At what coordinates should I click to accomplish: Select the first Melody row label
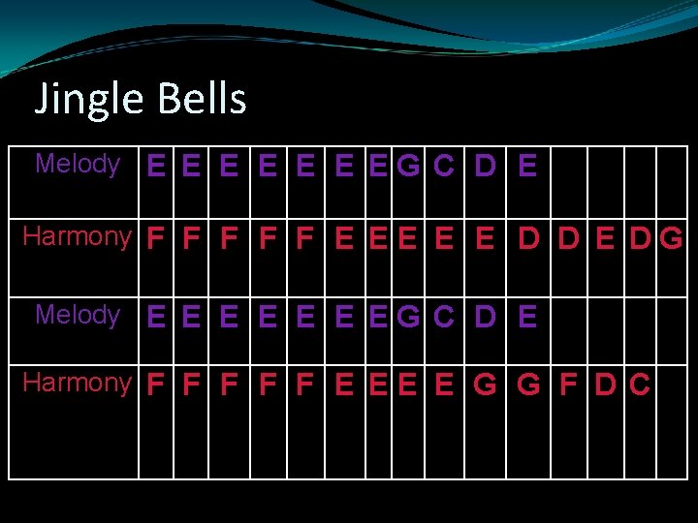coord(78,164)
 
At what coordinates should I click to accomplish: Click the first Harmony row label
coord(77,236)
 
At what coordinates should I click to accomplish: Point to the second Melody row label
coord(78,315)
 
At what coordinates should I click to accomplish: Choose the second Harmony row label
coord(77,383)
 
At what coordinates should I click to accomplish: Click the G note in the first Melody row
coord(408,167)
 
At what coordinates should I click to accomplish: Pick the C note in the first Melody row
coord(444,167)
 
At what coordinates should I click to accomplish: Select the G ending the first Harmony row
coord(671,238)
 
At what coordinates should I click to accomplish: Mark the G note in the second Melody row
coord(408,318)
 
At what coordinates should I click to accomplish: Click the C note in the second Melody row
coord(444,318)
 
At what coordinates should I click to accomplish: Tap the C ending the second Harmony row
coord(640,385)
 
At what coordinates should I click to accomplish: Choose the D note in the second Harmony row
coord(605,385)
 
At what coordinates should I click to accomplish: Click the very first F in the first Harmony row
coord(155,238)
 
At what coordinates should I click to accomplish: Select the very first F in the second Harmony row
coord(155,385)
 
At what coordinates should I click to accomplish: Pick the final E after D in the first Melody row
coord(527,167)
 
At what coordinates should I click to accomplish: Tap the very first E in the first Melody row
coord(155,167)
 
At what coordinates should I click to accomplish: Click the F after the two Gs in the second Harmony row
coord(569,385)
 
